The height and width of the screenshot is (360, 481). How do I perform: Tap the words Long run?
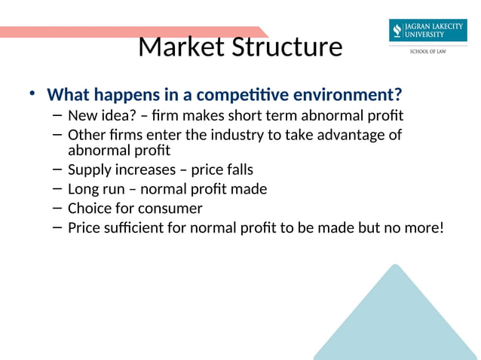pos(97,189)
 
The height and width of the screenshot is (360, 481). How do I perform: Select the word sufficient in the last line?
pos(135,227)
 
